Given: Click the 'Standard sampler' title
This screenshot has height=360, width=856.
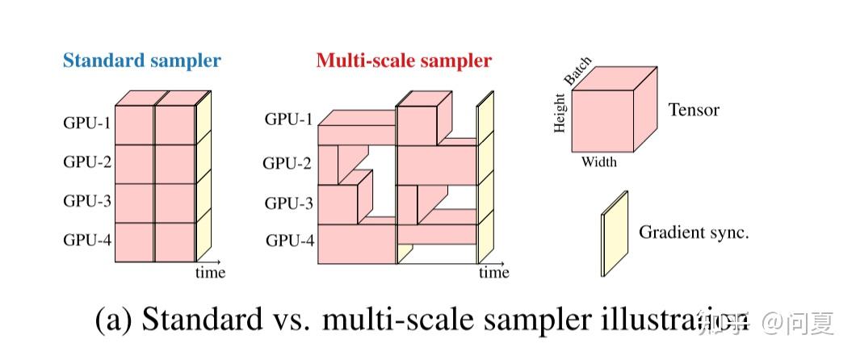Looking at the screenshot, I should tap(141, 60).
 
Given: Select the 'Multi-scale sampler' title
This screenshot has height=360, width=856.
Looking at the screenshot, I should tap(403, 60).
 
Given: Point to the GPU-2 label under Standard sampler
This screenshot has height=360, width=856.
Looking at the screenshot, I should tap(87, 161).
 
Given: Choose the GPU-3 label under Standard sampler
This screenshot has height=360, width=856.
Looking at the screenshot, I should tap(87, 201).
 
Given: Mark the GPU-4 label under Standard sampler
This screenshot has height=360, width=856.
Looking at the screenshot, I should tap(87, 239).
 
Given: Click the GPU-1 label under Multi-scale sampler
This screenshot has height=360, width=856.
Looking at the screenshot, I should tap(288, 120).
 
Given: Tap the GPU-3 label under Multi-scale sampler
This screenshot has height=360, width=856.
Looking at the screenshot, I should tap(288, 203).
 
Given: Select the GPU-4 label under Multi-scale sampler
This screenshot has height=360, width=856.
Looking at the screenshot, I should tap(288, 240).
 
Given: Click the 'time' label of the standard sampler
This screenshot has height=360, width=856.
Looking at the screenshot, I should tap(210, 273).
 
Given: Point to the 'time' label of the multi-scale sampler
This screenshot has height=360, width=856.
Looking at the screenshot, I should tap(493, 273).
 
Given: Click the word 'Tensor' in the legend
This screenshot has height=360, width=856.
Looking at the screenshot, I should tap(693, 110).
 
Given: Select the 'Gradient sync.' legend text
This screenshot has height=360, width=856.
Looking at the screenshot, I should tap(694, 232).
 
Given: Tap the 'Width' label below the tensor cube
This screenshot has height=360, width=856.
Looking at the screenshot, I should tap(599, 162).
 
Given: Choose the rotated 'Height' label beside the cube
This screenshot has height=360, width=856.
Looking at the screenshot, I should tap(560, 114).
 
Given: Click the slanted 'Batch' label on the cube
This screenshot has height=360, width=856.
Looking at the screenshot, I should tap(577, 72).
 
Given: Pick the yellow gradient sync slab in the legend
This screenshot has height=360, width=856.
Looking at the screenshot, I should tap(614, 234).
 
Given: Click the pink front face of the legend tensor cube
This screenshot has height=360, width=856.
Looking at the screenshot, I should tap(601, 121).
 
